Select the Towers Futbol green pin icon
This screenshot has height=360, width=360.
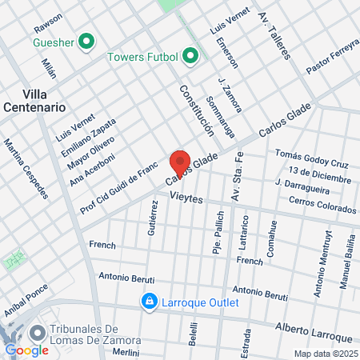point(190,56)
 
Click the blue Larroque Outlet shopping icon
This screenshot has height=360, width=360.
point(149,301)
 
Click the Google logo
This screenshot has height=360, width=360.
point(26,350)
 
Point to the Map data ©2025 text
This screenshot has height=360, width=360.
point(325,353)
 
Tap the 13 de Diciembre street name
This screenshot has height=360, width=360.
point(319,174)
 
